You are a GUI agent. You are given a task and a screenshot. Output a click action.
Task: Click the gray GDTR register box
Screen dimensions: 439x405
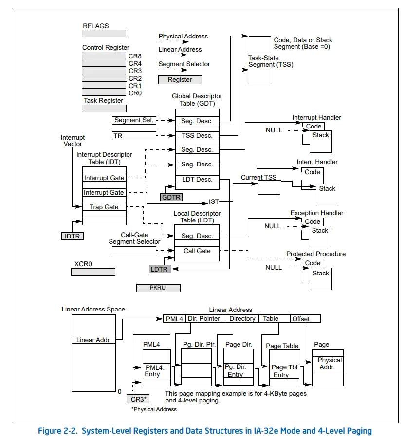click(171, 197)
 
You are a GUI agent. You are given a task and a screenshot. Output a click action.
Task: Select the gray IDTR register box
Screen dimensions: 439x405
click(73, 236)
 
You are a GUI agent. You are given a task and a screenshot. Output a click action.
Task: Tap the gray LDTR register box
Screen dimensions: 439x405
click(161, 269)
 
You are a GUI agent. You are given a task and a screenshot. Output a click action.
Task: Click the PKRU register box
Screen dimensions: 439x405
click(158, 288)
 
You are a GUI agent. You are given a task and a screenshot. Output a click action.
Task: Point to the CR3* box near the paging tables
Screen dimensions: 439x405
click(139, 399)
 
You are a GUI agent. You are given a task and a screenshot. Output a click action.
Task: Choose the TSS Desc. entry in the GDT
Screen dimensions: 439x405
click(197, 135)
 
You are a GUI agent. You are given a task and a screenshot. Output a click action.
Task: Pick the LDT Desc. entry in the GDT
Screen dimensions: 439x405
click(197, 179)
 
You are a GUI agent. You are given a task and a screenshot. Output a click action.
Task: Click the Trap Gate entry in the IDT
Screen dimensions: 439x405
click(104, 207)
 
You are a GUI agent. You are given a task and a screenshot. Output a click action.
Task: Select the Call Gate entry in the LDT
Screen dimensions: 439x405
click(197, 251)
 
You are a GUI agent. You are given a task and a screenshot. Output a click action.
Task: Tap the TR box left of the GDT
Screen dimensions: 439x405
click(134, 135)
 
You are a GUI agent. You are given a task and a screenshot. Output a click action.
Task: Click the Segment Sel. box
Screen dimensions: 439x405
click(134, 120)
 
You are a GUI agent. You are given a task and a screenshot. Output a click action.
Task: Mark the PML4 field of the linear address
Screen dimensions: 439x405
click(174, 319)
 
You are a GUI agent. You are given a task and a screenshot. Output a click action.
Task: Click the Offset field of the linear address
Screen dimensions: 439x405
click(305, 319)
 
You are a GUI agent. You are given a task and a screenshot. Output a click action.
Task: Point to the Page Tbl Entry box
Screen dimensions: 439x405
click(284, 371)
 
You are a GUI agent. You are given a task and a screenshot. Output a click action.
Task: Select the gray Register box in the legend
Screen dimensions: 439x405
click(180, 80)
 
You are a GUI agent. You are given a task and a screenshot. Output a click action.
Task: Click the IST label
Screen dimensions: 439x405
click(214, 201)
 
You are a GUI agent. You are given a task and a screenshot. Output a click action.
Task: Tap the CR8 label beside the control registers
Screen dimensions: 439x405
click(135, 56)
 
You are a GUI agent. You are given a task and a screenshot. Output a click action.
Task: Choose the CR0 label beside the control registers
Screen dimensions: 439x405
click(135, 92)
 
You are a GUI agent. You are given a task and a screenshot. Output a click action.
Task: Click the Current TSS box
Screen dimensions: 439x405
click(272, 188)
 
